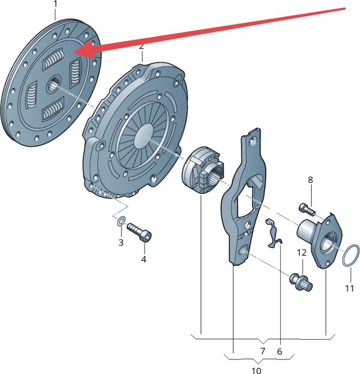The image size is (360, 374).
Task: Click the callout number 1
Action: pos(55,4)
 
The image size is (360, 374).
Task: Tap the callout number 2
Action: pos(142,46)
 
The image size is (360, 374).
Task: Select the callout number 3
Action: pos(121,242)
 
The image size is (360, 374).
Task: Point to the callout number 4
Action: pos(143,259)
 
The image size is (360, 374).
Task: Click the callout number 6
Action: pos(280,351)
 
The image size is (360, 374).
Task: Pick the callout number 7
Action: pos(263,351)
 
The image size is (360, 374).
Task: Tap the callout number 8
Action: pos(310,180)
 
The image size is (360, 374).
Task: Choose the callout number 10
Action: pos(256,371)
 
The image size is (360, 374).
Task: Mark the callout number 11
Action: pos(349,289)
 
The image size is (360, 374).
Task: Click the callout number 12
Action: pos(302,253)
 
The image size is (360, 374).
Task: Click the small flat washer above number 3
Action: pos(121,221)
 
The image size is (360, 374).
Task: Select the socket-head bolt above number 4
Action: pos(139,232)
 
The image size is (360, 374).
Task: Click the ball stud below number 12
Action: pos(301,283)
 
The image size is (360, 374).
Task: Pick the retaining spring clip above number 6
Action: pos(273,233)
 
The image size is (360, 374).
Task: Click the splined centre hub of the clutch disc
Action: pos(53,84)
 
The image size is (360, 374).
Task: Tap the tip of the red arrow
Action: pos(74,52)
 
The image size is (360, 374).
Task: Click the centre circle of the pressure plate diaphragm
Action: pos(143,136)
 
